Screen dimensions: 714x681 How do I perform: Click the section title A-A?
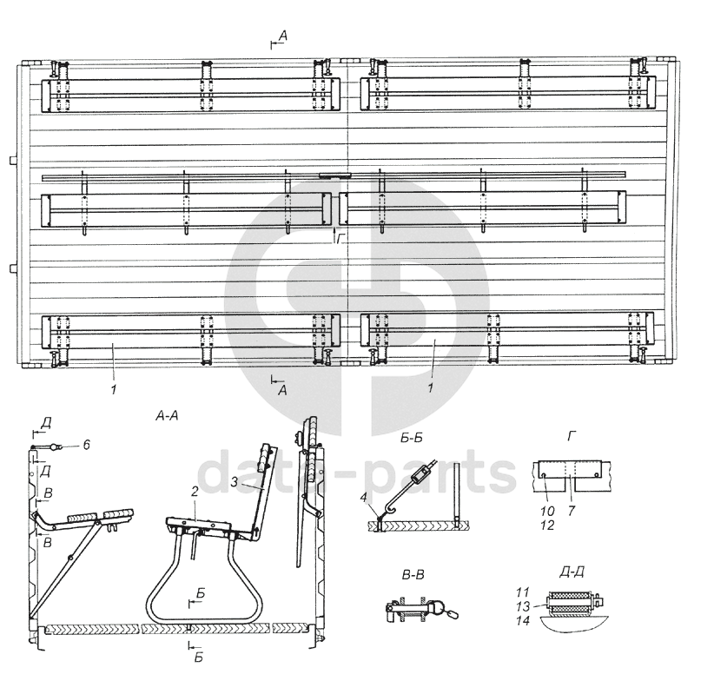(x=167, y=415)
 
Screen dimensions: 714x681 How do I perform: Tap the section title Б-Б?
(x=412, y=438)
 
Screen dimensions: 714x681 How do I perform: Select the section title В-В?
(x=413, y=575)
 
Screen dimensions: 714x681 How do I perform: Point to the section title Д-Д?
(x=572, y=572)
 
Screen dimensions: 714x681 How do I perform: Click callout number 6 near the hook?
(x=86, y=444)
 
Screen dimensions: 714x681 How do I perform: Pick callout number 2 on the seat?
(x=195, y=492)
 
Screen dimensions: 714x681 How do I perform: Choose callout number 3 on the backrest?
(x=234, y=482)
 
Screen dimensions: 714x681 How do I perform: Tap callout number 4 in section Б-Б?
(x=363, y=498)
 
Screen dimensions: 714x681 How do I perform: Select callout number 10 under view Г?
(x=548, y=512)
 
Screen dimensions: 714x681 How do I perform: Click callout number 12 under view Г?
(x=548, y=526)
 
